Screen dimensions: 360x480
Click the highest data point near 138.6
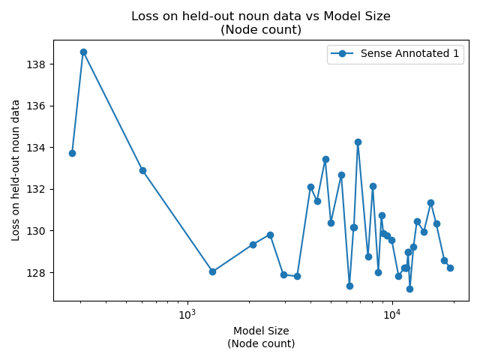pos(83,52)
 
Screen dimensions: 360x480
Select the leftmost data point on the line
pos(72,153)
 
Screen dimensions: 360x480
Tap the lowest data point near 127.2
pos(409,289)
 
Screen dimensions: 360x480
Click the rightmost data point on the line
pos(450,268)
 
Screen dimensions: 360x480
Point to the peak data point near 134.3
pos(358,142)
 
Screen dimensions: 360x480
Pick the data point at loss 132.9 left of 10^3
pos(142,170)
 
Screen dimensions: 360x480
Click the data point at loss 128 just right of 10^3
pos(212,271)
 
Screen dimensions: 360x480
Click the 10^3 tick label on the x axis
pos(187,315)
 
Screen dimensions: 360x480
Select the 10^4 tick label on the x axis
pos(391,315)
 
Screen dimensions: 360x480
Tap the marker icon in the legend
pos(343,53)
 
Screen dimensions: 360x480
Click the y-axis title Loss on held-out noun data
pos(16,170)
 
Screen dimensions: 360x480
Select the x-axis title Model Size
pos(261,331)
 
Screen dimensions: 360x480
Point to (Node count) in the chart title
pos(261,30)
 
